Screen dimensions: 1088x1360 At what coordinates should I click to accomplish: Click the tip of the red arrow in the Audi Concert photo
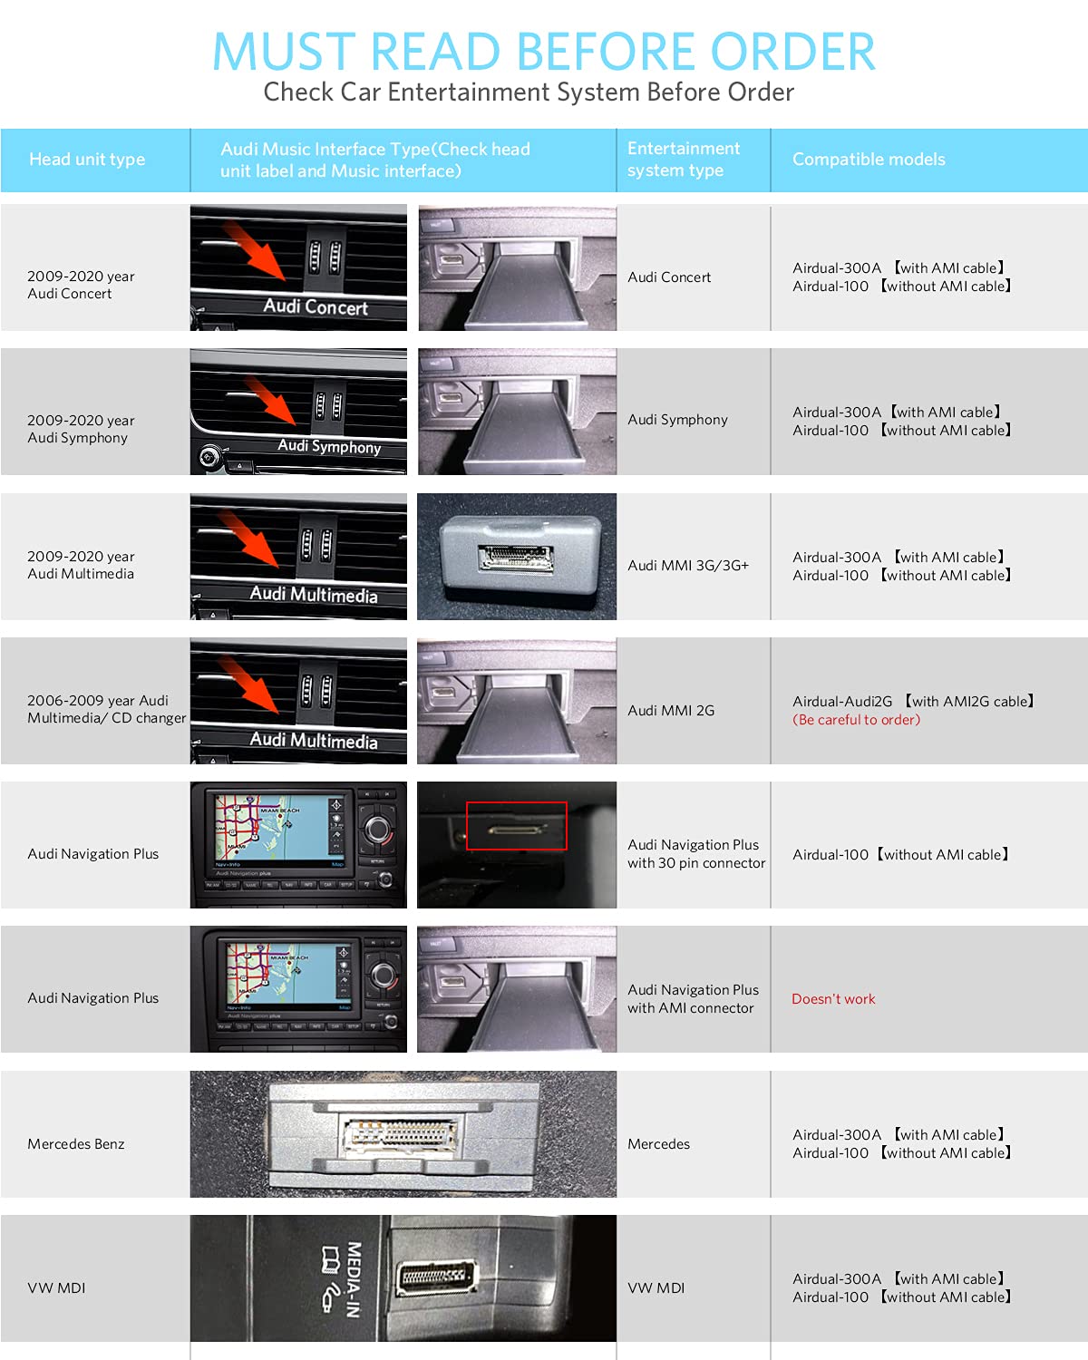284,279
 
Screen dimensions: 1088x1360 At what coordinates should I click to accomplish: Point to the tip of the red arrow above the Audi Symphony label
295,424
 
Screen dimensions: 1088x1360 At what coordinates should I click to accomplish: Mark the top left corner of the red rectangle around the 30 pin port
467,802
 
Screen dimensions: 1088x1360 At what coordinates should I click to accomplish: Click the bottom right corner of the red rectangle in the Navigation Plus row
567,850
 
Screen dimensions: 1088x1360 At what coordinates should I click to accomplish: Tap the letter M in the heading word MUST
236,51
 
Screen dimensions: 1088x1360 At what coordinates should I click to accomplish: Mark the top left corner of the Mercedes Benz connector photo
190,1071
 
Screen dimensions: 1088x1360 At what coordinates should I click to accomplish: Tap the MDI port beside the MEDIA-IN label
436,1276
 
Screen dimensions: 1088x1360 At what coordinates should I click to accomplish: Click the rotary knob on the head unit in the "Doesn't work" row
384,976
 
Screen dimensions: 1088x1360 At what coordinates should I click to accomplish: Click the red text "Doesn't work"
833,998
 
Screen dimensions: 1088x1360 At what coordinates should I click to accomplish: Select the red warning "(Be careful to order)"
856,719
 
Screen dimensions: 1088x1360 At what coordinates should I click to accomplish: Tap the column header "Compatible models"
869,160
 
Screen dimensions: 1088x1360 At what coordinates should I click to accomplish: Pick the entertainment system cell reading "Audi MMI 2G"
671,710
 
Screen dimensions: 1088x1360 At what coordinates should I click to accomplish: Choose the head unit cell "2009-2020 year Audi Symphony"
81,429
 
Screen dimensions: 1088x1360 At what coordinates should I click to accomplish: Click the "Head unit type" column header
87,160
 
